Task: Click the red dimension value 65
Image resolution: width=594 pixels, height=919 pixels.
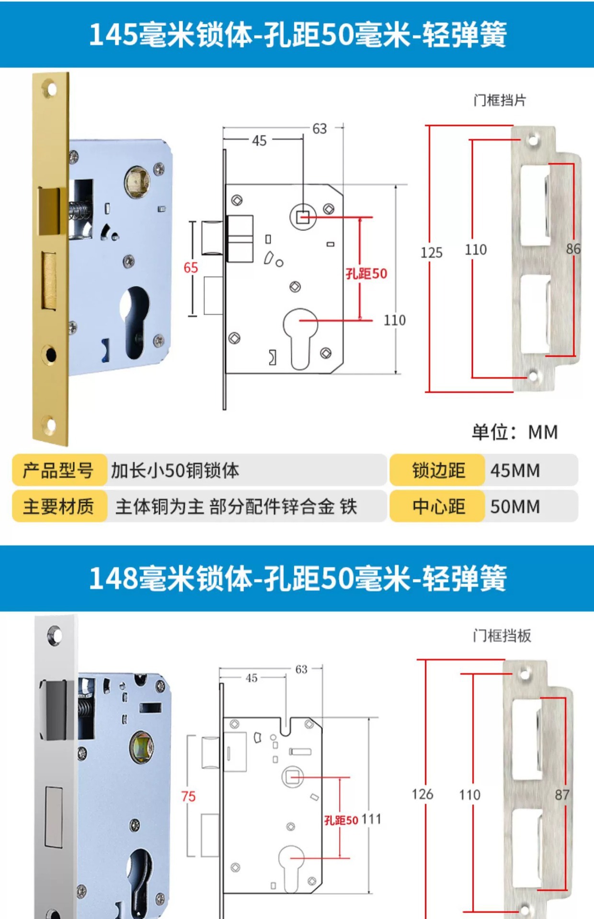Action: point(191,268)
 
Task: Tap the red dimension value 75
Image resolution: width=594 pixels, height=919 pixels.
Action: point(188,796)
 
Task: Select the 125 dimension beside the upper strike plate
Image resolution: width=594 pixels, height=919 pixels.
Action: point(431,253)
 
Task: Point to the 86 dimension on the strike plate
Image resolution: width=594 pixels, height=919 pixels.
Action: point(573,249)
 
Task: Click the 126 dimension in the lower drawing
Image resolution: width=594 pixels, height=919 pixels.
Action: point(423,794)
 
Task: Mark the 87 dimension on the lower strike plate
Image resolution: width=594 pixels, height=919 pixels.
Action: point(562,795)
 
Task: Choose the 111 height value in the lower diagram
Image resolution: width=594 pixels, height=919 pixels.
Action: point(371,819)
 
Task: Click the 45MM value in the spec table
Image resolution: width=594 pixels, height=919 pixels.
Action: point(515,471)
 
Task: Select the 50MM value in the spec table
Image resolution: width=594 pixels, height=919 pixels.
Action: point(515,506)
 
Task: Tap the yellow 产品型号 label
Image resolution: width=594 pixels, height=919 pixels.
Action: point(58,471)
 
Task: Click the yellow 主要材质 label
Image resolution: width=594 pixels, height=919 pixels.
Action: point(58,506)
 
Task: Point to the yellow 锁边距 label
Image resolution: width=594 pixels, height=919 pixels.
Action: point(438,471)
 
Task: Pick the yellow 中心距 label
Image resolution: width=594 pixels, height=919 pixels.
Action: point(438,506)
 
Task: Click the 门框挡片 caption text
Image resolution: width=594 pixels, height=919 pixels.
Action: point(500,101)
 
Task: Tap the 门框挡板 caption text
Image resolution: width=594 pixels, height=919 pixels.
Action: point(502,636)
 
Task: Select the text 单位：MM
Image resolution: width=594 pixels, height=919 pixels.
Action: point(515,432)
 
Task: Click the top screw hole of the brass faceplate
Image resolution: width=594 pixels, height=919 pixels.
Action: point(50,89)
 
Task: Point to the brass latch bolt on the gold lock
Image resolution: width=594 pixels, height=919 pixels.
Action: point(49,211)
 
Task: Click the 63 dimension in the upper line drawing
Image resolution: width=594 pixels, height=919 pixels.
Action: point(320,129)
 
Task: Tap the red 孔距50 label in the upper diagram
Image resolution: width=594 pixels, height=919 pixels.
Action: point(366,274)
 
